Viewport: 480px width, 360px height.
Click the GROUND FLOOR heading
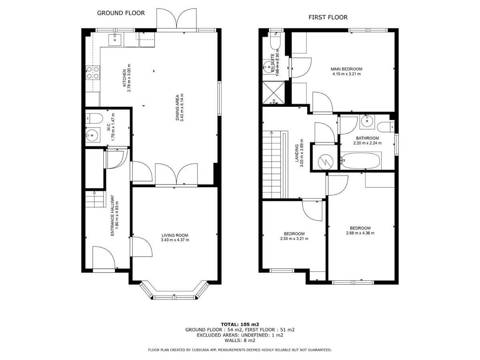click(121, 13)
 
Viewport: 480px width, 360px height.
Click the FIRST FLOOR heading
click(328, 17)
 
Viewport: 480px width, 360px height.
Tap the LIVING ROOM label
click(175, 236)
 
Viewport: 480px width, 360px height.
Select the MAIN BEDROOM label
click(346, 69)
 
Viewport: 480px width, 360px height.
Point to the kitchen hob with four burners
click(93, 72)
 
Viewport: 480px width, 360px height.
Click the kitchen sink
click(115, 40)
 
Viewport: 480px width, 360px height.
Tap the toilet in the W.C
click(94, 118)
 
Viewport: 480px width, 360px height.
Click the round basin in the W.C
click(92, 135)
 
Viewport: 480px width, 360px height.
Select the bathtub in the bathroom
click(361, 161)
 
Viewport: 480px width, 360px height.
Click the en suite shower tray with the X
click(274, 92)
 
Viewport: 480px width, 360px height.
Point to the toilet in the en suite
click(275, 41)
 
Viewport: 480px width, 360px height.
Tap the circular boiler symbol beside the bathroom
click(326, 162)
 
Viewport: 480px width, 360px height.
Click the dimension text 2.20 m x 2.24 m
click(367, 143)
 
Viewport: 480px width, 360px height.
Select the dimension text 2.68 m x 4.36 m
click(360, 233)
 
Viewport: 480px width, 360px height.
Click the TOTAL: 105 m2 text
click(240, 324)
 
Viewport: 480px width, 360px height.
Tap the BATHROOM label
click(367, 138)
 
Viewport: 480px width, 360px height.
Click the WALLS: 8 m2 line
click(240, 340)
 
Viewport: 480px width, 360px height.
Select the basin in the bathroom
click(367, 120)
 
